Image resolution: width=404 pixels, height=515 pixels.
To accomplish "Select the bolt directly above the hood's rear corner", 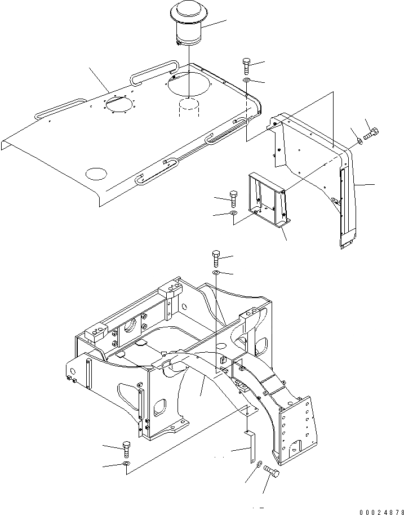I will coord(247,66).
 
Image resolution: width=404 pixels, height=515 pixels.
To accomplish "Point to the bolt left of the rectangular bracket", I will coord(234,198).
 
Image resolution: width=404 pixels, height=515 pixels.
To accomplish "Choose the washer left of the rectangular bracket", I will coord(234,214).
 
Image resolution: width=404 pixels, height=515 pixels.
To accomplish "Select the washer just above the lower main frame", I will coord(217,273).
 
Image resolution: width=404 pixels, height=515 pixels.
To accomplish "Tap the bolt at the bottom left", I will coord(126,449).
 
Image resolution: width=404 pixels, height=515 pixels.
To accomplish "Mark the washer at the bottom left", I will coord(125,464).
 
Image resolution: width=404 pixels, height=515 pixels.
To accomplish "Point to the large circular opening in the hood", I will coord(189,85).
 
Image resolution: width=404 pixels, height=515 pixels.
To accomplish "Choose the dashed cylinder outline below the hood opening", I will coord(189,108).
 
